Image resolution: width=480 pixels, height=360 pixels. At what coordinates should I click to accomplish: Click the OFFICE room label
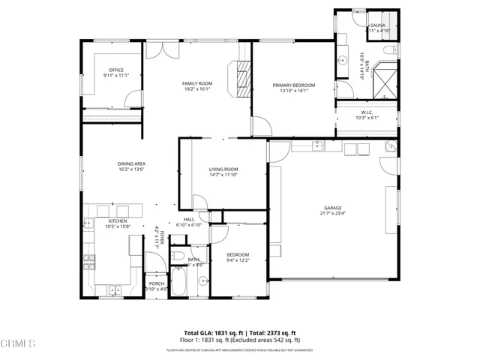(x=116, y=70)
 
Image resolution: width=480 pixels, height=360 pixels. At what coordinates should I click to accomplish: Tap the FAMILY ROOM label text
(x=197, y=83)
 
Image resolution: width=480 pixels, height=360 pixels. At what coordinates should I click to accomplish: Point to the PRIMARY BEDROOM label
(x=293, y=85)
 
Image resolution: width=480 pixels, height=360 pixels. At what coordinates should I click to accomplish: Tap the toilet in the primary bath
(x=388, y=50)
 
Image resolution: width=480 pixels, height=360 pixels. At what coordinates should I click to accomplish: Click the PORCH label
(x=156, y=283)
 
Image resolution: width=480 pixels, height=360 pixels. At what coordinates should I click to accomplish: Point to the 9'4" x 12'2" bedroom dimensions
(x=238, y=260)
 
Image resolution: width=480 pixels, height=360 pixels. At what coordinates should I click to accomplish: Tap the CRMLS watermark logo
(x=18, y=344)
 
